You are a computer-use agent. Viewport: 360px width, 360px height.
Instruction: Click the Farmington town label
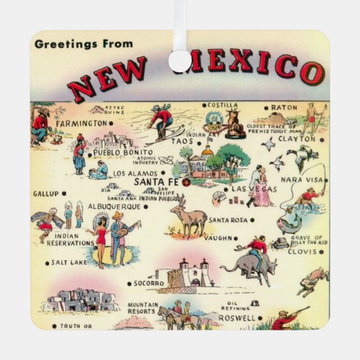tap(80, 122)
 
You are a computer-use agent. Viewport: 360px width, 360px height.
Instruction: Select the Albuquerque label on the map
tap(114, 206)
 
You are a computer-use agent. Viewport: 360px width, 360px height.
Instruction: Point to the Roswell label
tap(236, 318)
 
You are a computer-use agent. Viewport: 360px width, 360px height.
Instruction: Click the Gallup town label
tap(45, 193)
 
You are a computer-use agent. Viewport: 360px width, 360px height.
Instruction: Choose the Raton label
tap(284, 107)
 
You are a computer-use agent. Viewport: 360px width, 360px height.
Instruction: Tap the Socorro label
tap(149, 283)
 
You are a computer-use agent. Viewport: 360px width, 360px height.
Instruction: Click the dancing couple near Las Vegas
tap(260, 187)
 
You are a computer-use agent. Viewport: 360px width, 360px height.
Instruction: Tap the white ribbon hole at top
tap(179, 61)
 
